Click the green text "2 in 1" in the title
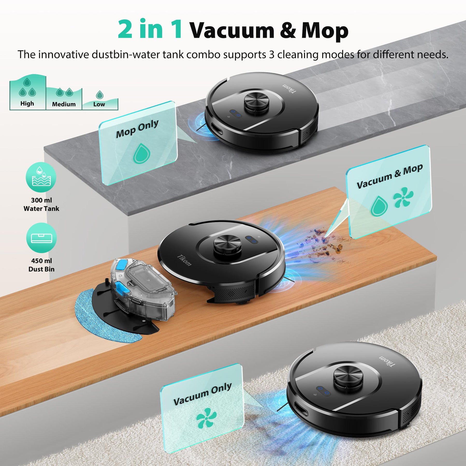[x=150, y=29]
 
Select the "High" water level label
[x=27, y=104]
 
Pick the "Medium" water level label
[x=64, y=104]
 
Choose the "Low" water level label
[x=99, y=104]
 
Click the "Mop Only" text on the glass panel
[x=137, y=129]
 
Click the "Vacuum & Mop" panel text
[x=390, y=176]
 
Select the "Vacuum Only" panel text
[x=202, y=394]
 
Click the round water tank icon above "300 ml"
[x=41, y=177]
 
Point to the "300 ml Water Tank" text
[x=41, y=204]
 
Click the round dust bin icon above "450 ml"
[x=41, y=238]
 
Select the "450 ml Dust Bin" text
[x=41, y=265]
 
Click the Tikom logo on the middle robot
[x=184, y=260]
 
